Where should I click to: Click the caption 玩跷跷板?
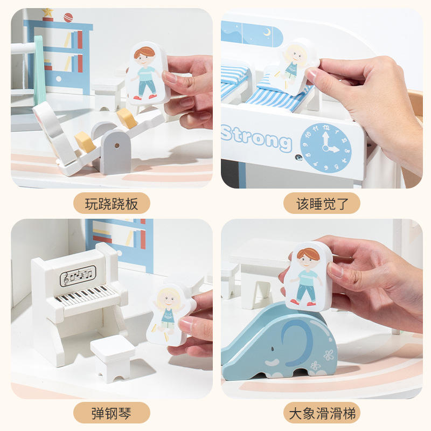point(112,204)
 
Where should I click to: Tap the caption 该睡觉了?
point(322,204)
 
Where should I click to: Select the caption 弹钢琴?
point(112,413)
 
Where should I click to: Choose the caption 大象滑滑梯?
point(322,413)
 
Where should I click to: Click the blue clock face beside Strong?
point(326,148)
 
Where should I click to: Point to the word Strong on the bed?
point(256,138)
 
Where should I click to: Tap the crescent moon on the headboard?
point(267,33)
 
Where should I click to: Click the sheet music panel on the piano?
point(78,276)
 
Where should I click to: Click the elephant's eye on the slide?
point(273,349)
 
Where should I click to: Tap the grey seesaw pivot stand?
point(115,152)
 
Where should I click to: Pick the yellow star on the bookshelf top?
point(47,12)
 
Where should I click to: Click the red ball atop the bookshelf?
point(68,17)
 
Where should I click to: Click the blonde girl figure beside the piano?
point(169,315)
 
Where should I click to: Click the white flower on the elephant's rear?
point(329,355)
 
